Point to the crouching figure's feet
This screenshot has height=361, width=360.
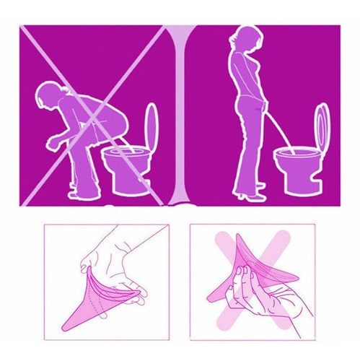(x=81, y=189)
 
